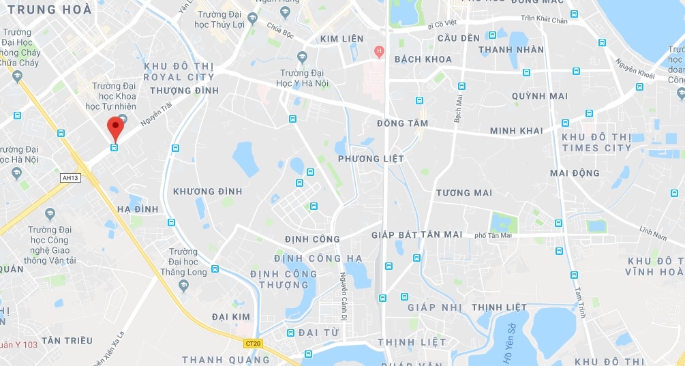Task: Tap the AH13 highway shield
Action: (70, 177)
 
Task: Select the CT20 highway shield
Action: (252, 343)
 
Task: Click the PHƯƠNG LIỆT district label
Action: (371, 159)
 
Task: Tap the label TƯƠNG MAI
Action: (463, 193)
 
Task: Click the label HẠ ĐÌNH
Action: (138, 209)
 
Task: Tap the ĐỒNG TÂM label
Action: (402, 123)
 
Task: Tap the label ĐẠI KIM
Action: (231, 317)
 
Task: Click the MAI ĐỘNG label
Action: (575, 173)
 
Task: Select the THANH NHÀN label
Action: (511, 50)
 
